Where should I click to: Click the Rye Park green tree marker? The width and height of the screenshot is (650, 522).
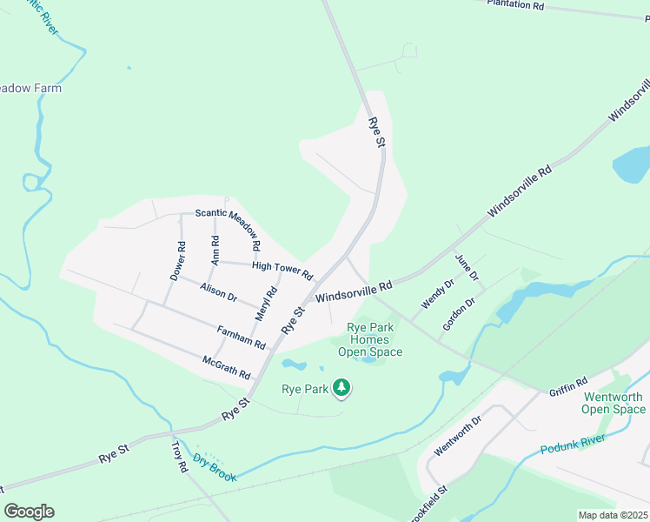[342, 388]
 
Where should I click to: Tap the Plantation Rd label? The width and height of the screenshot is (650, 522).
[515, 4]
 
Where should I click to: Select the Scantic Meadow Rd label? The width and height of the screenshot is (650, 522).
[229, 222]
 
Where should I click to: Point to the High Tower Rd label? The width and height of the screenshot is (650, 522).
[282, 271]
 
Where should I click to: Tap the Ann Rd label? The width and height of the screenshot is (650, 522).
[215, 250]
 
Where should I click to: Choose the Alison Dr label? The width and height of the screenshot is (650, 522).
[218, 291]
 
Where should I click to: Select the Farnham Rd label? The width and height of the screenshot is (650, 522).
[242, 337]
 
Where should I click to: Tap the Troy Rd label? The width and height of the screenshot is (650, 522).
[180, 456]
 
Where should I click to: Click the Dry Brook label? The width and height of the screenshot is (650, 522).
[215, 466]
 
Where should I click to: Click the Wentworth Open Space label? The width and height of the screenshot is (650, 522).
[613, 403]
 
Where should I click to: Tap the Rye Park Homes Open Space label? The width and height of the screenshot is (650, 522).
[370, 340]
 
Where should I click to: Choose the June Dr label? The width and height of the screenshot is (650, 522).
[468, 268]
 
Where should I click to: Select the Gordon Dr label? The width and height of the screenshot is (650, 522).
[459, 314]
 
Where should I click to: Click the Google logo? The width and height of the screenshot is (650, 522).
[29, 512]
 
